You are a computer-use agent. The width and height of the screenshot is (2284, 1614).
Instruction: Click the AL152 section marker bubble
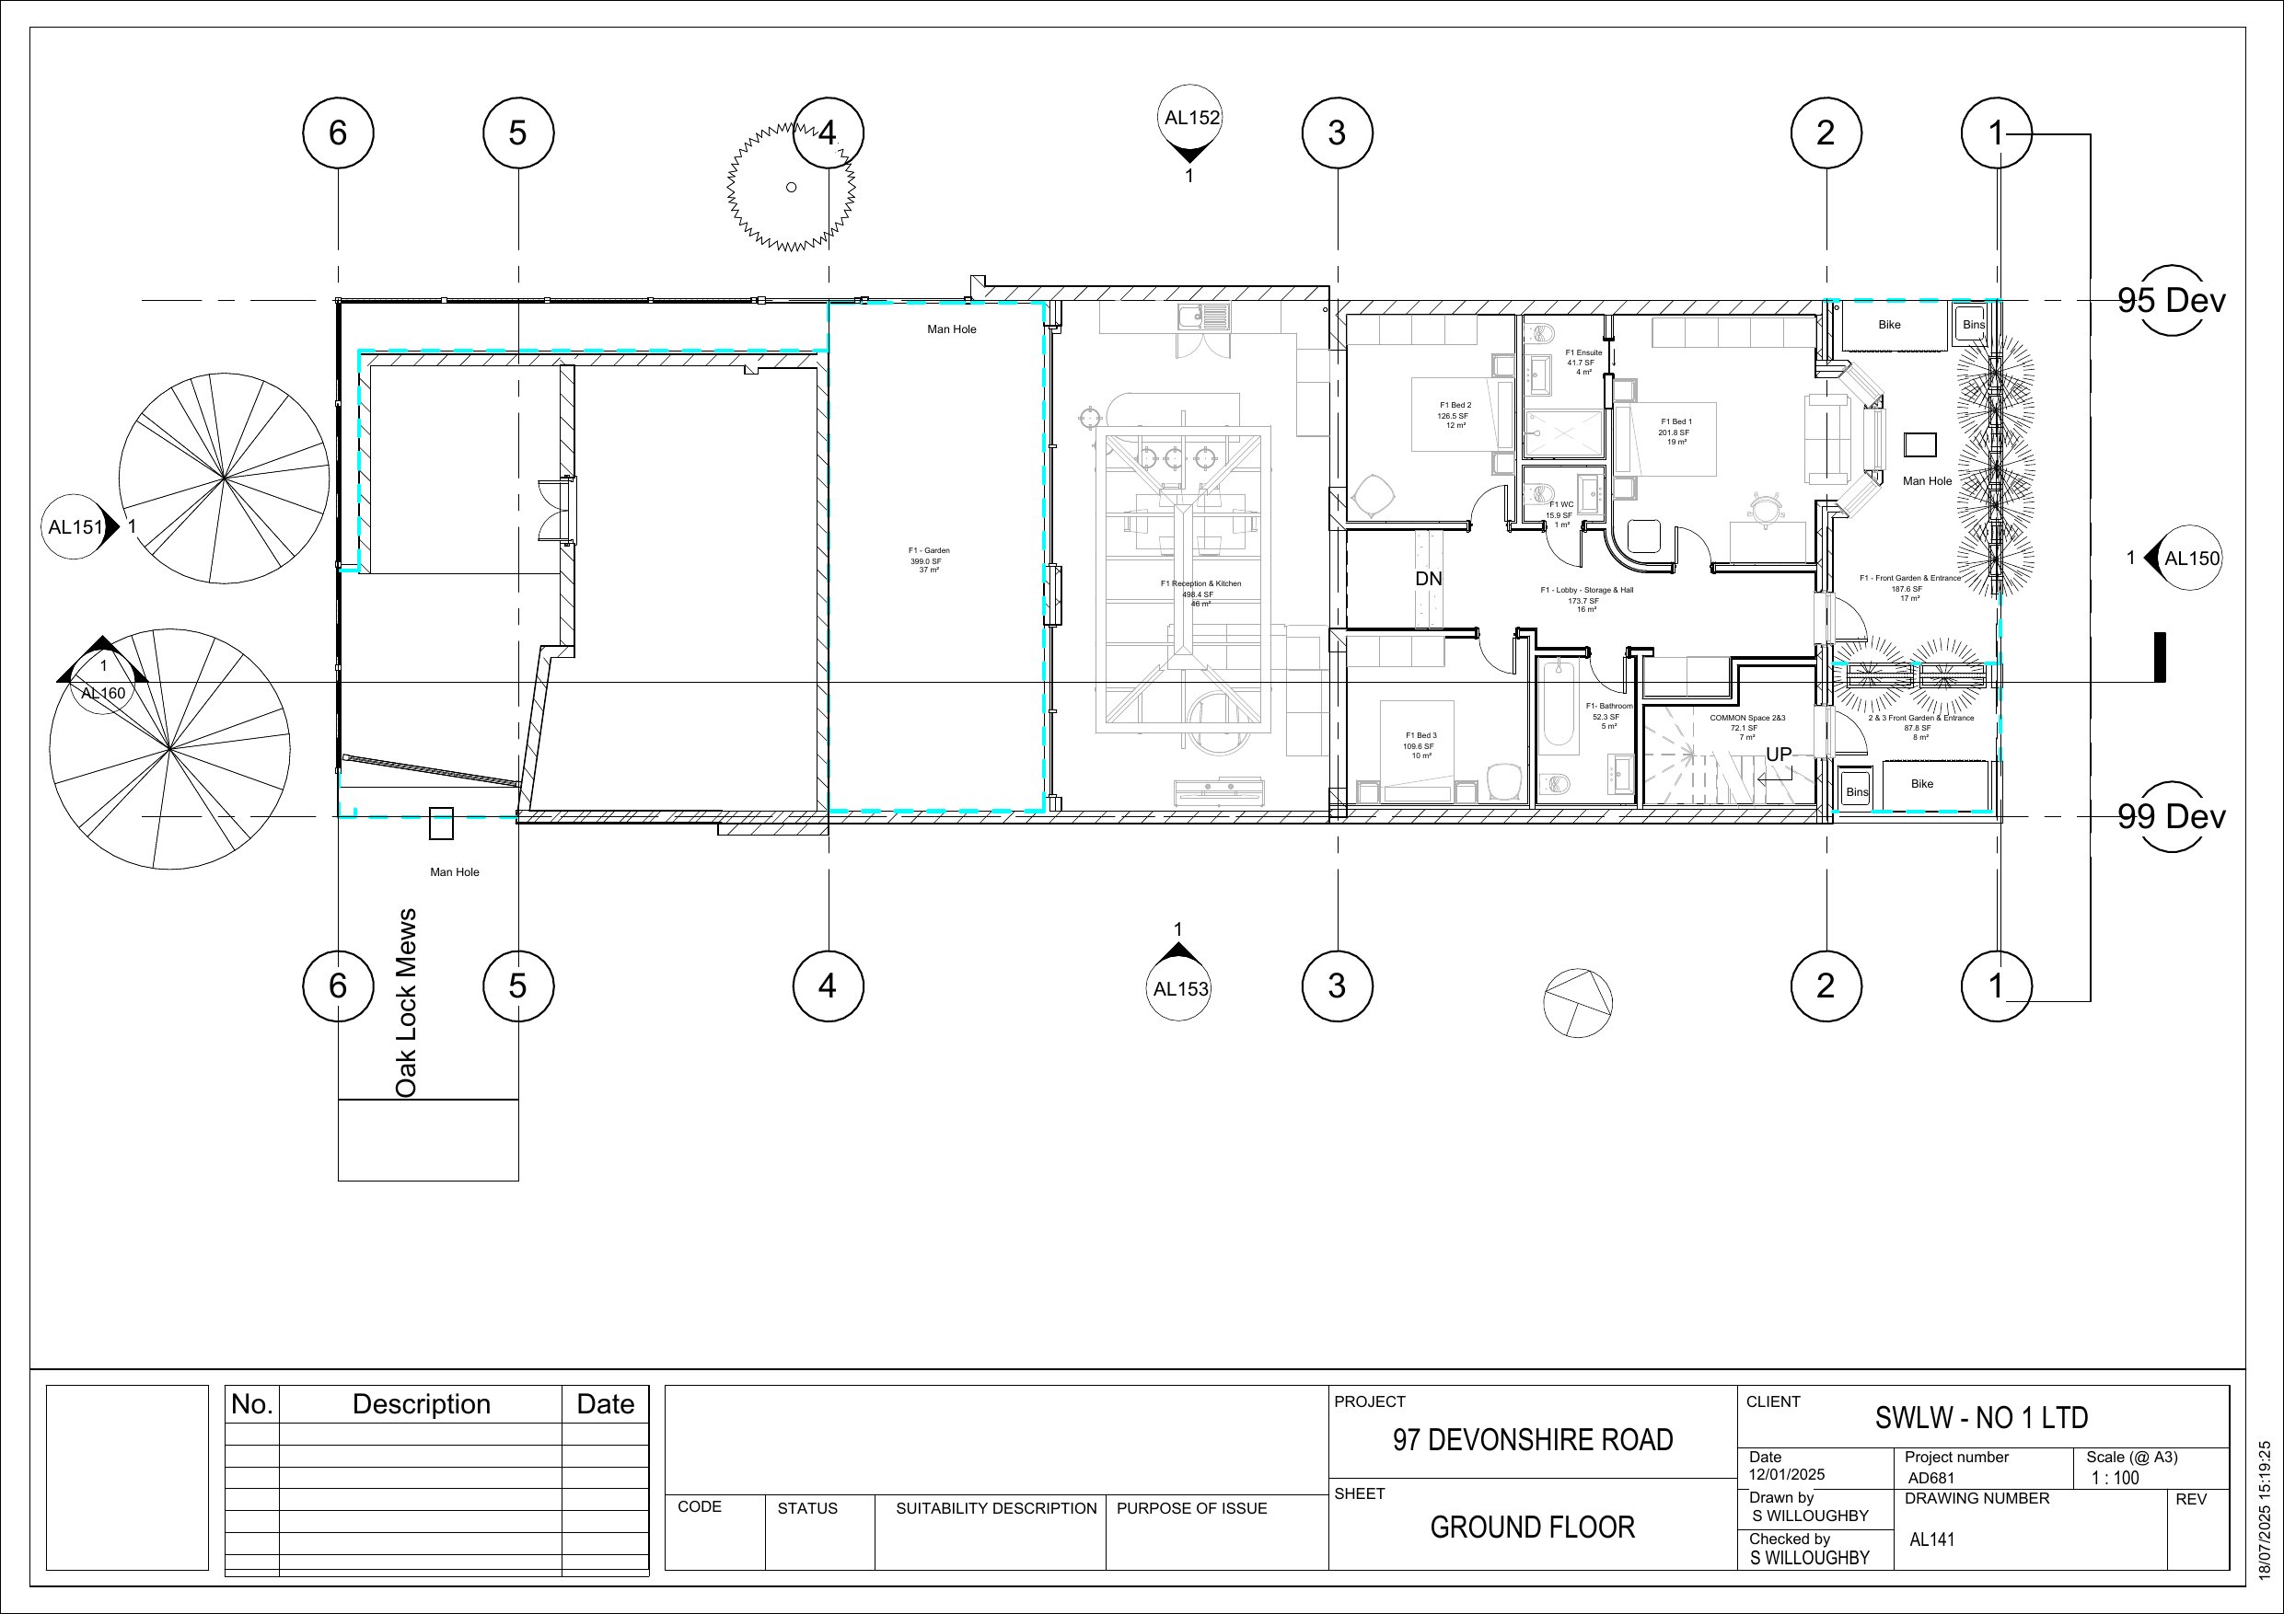(1190, 119)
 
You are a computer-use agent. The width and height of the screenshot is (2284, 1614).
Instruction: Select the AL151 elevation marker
(75, 527)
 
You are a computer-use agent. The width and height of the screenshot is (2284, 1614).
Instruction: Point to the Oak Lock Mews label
(406, 1002)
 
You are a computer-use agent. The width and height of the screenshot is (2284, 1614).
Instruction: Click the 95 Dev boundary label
(2171, 300)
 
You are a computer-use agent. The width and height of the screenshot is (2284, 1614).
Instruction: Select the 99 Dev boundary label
(2171, 816)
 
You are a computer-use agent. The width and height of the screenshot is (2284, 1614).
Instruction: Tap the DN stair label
(1429, 579)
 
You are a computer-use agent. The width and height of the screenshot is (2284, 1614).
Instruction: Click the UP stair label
(1778, 755)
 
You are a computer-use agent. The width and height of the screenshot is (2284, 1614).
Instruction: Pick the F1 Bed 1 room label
(1675, 432)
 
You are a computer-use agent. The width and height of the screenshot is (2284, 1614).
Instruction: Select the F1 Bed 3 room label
(1420, 744)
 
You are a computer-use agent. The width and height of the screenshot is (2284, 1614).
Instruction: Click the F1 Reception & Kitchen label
(1200, 594)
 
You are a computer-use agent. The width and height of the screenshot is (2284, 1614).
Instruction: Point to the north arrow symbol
(1578, 1003)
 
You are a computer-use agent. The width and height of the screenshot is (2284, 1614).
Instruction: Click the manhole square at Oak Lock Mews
(441, 824)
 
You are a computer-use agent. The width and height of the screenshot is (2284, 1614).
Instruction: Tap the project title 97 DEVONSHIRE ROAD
(1532, 1440)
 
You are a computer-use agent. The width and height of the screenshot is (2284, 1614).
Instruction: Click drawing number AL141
(1931, 1539)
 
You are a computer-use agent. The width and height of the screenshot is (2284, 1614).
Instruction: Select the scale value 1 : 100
(2114, 1478)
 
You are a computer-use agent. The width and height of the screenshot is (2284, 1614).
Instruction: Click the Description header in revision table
(421, 1404)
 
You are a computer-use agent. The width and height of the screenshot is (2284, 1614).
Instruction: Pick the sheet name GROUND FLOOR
(1532, 1528)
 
